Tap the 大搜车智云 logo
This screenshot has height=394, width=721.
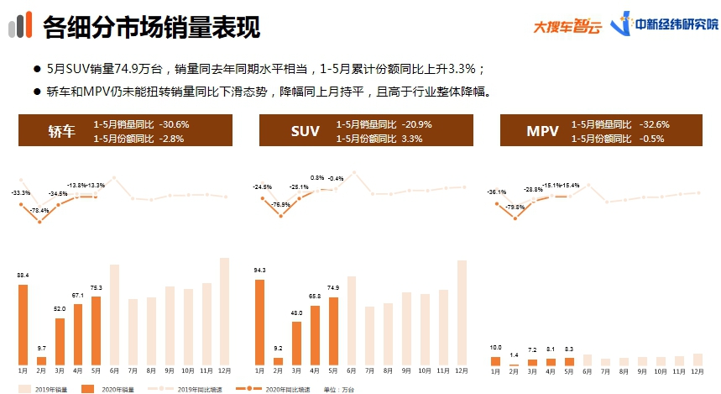pyautogui.click(x=567, y=26)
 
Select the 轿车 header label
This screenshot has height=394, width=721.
pyautogui.click(x=61, y=131)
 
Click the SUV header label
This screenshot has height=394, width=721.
pyautogui.click(x=305, y=131)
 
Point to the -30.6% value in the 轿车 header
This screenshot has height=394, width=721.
pyautogui.click(x=174, y=124)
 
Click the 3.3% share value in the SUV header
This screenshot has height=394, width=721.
pyautogui.click(x=411, y=138)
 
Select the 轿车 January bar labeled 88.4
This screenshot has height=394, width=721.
pyautogui.click(x=23, y=324)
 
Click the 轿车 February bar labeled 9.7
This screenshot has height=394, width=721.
pyautogui.click(x=41, y=360)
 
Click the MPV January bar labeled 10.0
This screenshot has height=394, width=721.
pyautogui.click(x=495, y=361)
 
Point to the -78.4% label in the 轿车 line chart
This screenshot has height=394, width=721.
pyautogui.click(x=39, y=210)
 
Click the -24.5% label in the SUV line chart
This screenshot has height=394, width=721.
pyautogui.click(x=262, y=186)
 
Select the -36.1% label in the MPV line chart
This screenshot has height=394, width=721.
pyautogui.click(x=498, y=192)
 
